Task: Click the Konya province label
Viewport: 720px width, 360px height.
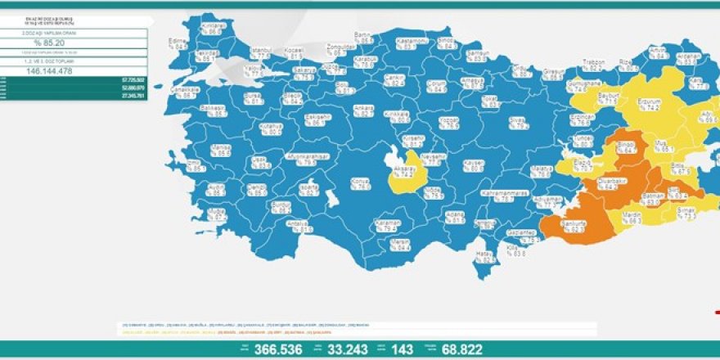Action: coord(358,180)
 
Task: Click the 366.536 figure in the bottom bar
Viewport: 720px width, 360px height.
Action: coord(279,349)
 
